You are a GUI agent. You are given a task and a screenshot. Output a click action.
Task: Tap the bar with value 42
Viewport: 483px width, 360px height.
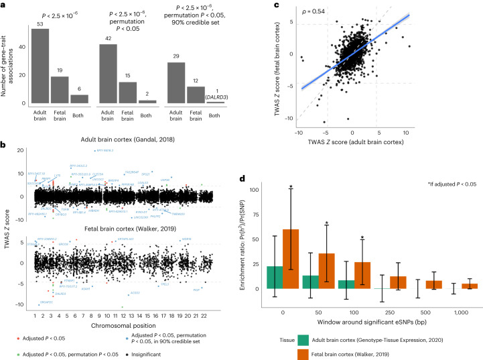pyautogui.click(x=109, y=74)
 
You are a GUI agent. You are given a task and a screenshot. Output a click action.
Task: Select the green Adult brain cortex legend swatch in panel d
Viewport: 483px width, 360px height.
pyautogui.click(x=317, y=338)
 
